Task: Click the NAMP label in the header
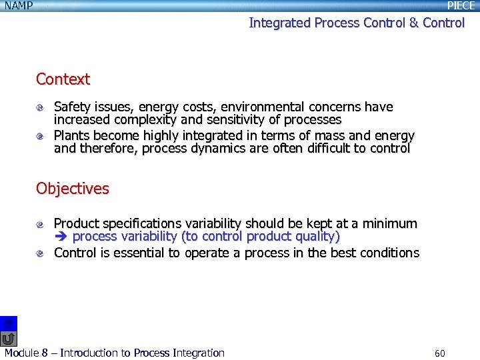[x=18, y=5]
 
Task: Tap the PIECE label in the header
[x=461, y=5]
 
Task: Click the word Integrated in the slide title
[x=280, y=23]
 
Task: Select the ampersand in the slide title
[x=413, y=23]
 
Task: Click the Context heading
[x=63, y=79]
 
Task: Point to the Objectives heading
[x=72, y=189]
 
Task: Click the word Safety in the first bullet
[x=72, y=107]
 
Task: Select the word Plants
[x=71, y=135]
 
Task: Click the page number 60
[x=439, y=353]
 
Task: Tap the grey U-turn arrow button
[x=8, y=339]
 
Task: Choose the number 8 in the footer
[x=45, y=353]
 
